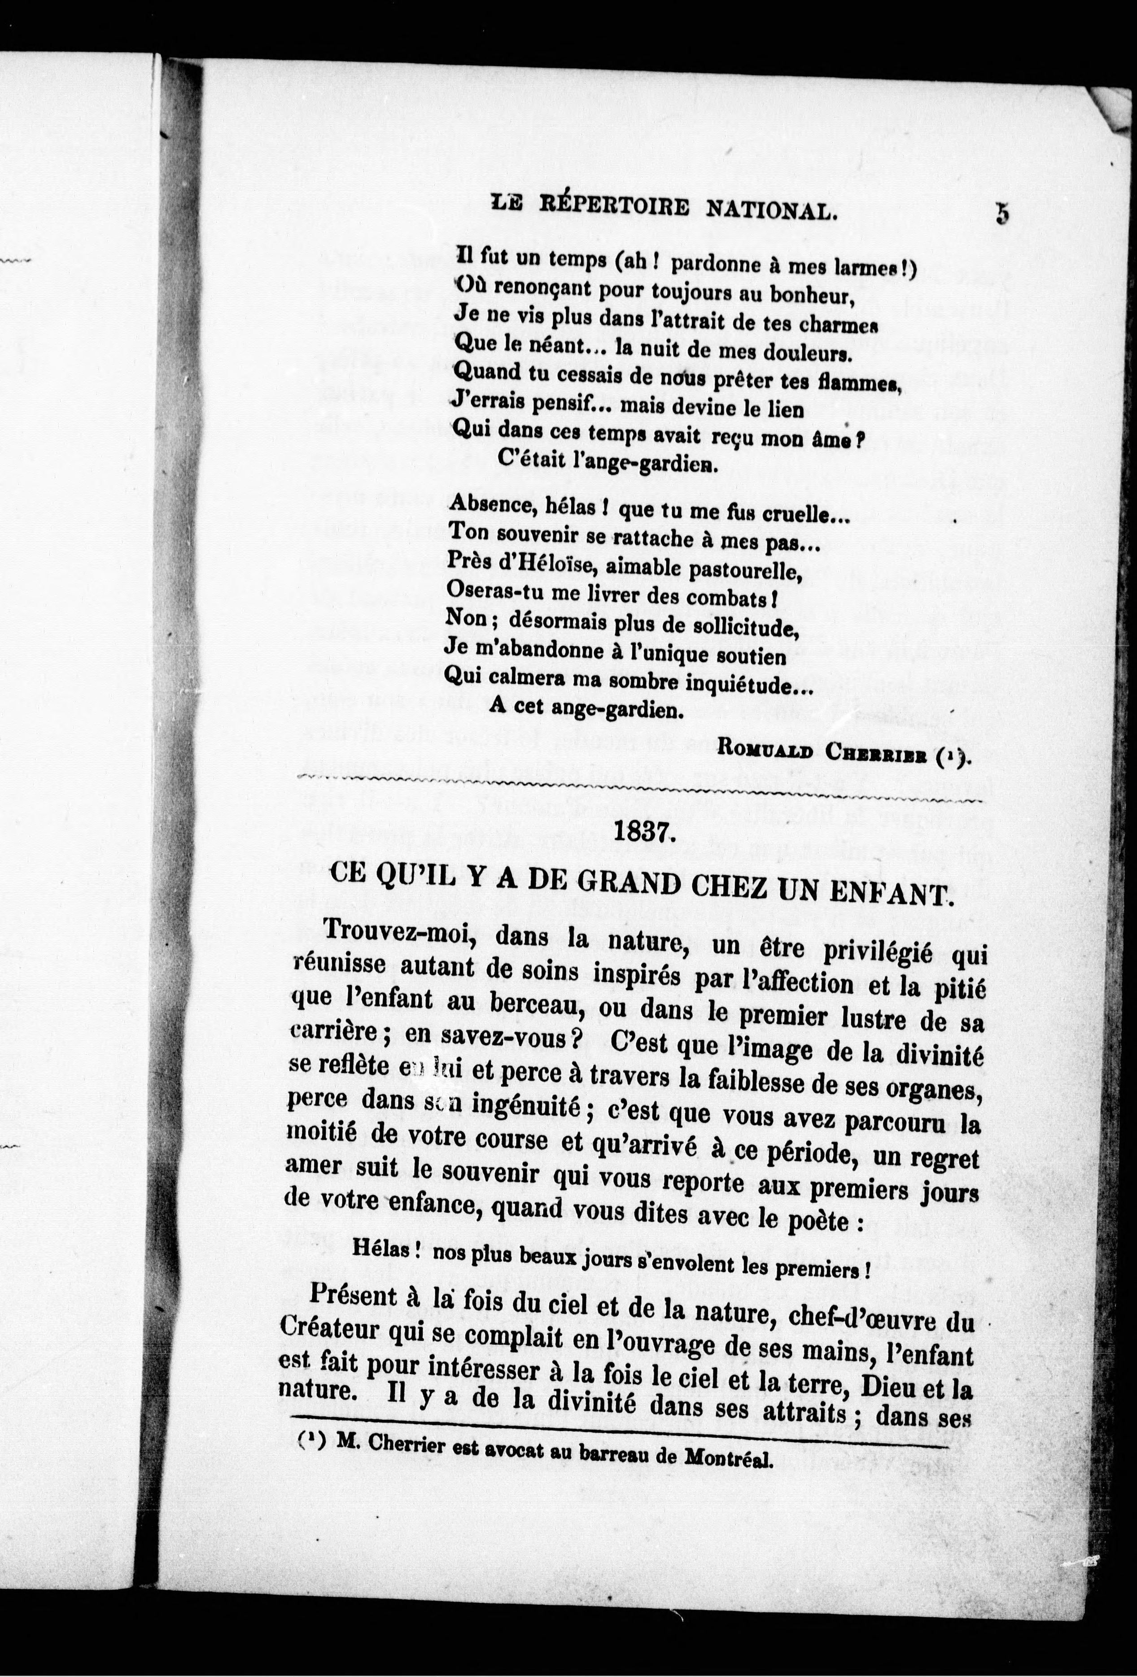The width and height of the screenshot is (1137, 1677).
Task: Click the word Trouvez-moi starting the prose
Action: (x=389, y=931)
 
